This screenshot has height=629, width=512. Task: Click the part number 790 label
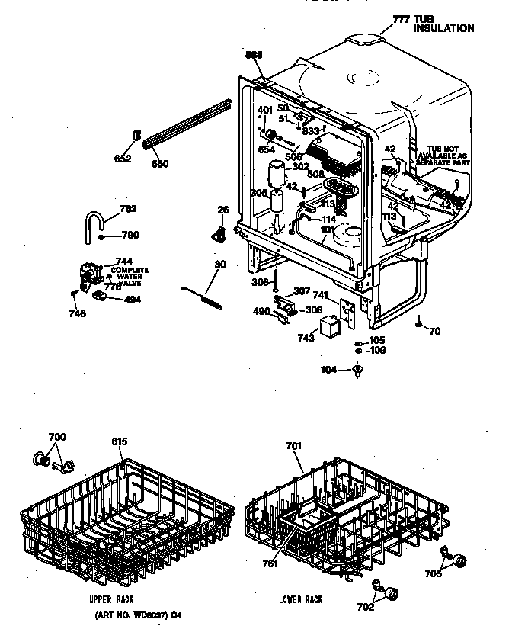pyautogui.click(x=128, y=236)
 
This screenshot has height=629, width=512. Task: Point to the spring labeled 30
pyautogui.click(x=201, y=295)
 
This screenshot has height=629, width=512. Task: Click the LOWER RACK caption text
pyautogui.click(x=301, y=599)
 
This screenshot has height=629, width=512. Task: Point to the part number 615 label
pyautogui.click(x=120, y=442)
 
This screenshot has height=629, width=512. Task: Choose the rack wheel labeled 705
pyautogui.click(x=458, y=561)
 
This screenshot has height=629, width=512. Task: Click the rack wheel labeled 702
pyautogui.click(x=392, y=593)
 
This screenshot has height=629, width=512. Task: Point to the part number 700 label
pyautogui.click(x=57, y=437)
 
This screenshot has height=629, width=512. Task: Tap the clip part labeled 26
pyautogui.click(x=221, y=232)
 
